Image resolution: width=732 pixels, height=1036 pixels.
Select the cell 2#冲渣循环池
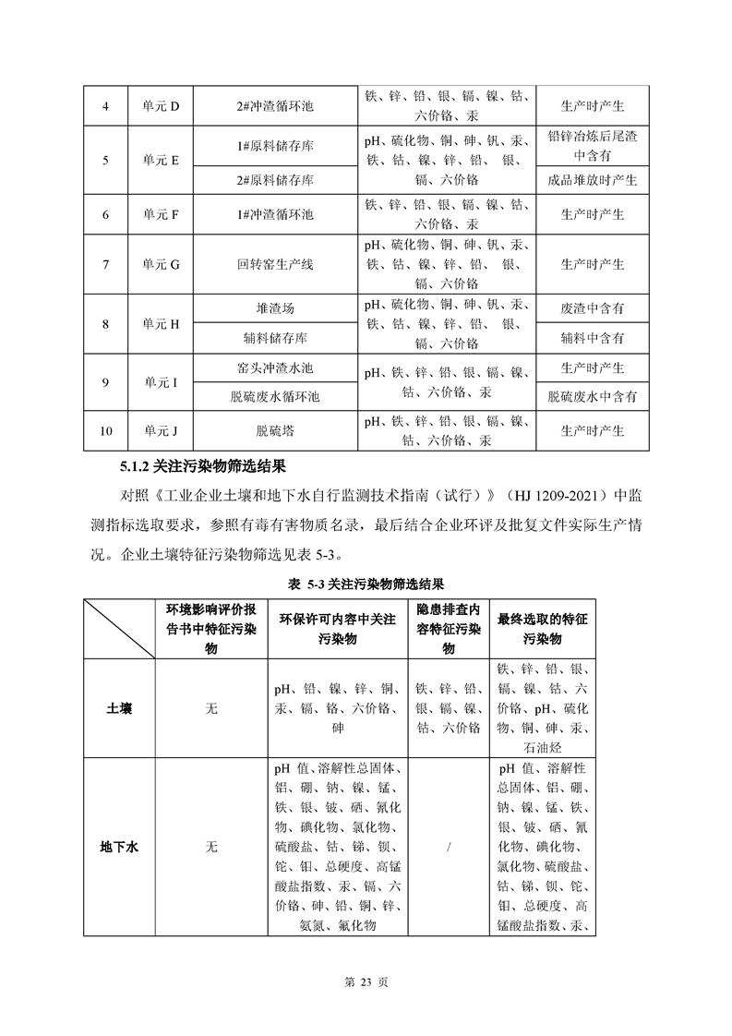click(275, 106)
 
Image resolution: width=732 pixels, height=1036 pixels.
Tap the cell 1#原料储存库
click(275, 146)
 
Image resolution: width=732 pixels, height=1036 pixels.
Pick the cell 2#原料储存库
click(275, 179)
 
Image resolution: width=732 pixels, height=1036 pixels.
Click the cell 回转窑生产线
click(275, 264)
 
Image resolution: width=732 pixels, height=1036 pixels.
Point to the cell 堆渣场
click(275, 308)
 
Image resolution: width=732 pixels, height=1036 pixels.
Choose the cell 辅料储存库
click(275, 338)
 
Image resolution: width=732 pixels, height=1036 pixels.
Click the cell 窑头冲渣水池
click(275, 367)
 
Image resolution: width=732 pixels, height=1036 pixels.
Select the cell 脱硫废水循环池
click(275, 397)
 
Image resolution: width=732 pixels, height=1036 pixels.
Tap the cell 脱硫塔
click(275, 430)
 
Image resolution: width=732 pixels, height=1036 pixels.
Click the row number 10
click(106, 430)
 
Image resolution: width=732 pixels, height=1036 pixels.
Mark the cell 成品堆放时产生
click(592, 179)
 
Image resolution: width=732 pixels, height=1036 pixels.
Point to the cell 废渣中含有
click(592, 308)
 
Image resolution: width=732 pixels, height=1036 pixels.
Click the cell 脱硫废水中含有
click(592, 397)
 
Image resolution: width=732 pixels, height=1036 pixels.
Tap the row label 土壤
click(119, 708)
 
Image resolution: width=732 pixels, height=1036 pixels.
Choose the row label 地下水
click(119, 846)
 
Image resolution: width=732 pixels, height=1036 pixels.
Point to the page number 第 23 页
click(366, 983)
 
